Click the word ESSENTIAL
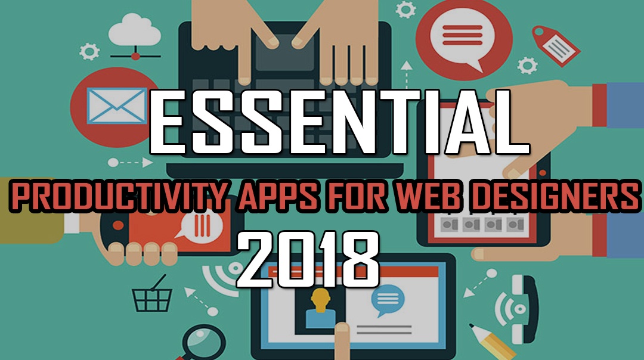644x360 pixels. [339, 122]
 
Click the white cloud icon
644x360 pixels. [135, 30]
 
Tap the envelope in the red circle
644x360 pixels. [117, 106]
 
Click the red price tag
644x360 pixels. [556, 45]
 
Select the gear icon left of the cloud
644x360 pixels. [89, 52]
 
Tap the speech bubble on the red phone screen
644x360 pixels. [201, 225]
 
